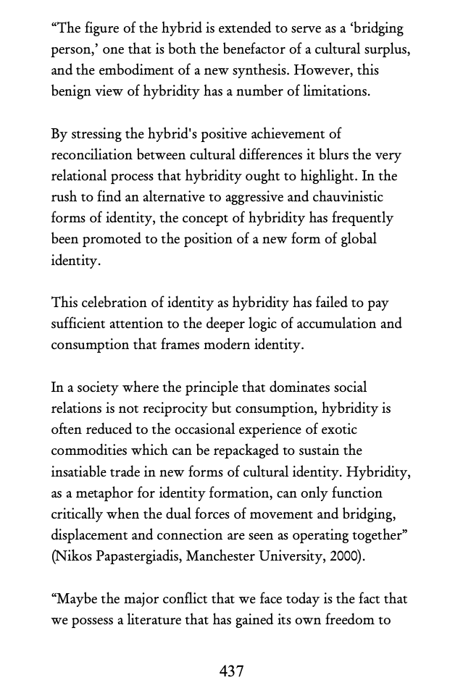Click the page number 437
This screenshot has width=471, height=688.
click(231, 671)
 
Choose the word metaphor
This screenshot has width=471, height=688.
click(105, 493)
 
